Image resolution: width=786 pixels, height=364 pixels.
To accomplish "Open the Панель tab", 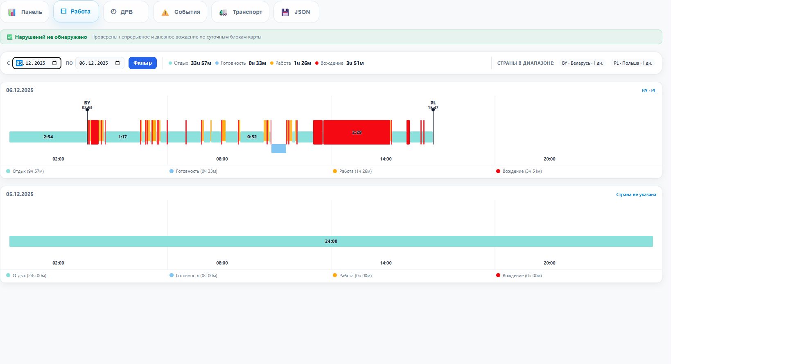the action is (x=25, y=12).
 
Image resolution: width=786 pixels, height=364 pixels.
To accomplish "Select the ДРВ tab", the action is (x=126, y=12).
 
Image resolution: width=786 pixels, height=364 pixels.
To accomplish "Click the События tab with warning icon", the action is (x=180, y=12).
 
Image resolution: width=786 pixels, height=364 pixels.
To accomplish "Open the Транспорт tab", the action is (x=240, y=12).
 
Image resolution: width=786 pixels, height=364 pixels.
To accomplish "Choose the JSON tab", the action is (x=296, y=12).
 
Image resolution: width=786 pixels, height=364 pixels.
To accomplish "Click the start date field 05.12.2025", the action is (x=37, y=63).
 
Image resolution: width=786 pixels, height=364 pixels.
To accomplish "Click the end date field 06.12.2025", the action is (x=100, y=63).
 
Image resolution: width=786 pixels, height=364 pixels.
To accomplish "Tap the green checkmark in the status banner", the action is (x=10, y=37).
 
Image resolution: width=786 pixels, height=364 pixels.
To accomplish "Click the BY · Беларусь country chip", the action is (x=583, y=63).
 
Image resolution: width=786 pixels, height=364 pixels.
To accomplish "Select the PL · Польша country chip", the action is (x=633, y=63).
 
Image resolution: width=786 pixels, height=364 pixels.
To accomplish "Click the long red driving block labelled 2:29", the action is (x=357, y=132).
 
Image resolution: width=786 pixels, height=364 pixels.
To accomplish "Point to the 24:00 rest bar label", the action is (x=331, y=241).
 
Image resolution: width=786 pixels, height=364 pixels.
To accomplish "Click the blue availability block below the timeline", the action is (x=279, y=149).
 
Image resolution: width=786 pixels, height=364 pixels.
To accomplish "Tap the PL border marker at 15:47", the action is (x=433, y=110).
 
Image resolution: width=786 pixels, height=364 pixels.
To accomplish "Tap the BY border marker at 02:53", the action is (x=87, y=110).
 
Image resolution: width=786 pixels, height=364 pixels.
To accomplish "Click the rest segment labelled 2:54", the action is (x=48, y=137).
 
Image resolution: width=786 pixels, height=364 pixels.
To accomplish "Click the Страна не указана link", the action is (x=636, y=194).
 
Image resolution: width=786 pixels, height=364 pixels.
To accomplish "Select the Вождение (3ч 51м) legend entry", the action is (x=519, y=171).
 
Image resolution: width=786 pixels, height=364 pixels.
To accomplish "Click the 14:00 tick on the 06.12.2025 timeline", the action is (x=386, y=159).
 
